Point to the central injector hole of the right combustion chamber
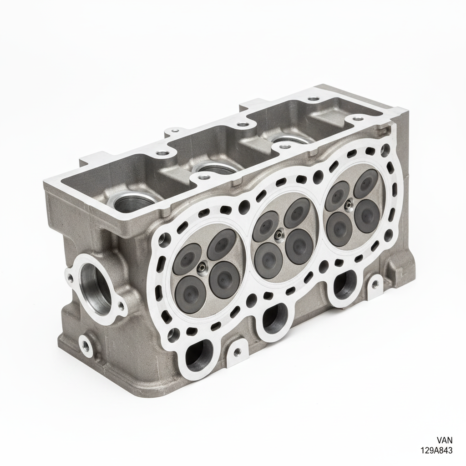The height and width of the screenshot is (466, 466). click(348, 204)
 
